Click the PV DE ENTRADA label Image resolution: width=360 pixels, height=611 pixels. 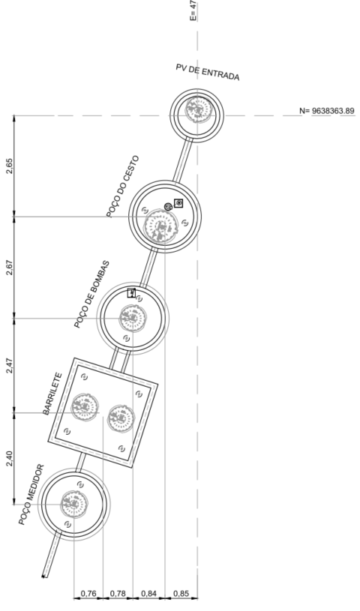pos(208,72)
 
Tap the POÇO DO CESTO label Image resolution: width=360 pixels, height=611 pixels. pos(122,186)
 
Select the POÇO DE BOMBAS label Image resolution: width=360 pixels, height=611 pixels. pos(92,294)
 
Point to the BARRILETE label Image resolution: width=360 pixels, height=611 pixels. pos(52,394)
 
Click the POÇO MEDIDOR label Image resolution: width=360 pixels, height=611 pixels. pos(31,495)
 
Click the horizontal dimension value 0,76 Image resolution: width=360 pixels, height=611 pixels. pos(88,594)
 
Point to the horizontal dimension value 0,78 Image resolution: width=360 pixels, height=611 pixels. pos(118,594)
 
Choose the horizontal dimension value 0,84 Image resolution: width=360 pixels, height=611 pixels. pos(148,594)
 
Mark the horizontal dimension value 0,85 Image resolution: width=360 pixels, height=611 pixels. pos(181,594)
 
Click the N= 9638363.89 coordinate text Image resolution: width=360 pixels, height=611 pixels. pos(327,111)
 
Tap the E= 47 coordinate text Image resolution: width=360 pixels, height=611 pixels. pos(193,10)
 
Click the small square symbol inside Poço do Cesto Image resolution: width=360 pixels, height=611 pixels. pos(178,203)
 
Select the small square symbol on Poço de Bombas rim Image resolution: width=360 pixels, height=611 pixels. pos(131,292)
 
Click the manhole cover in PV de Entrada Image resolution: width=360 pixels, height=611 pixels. pos(199,109)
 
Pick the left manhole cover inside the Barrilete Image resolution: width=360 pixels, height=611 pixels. pos(84,408)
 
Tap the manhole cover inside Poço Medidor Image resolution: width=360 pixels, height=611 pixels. pos(74,505)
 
